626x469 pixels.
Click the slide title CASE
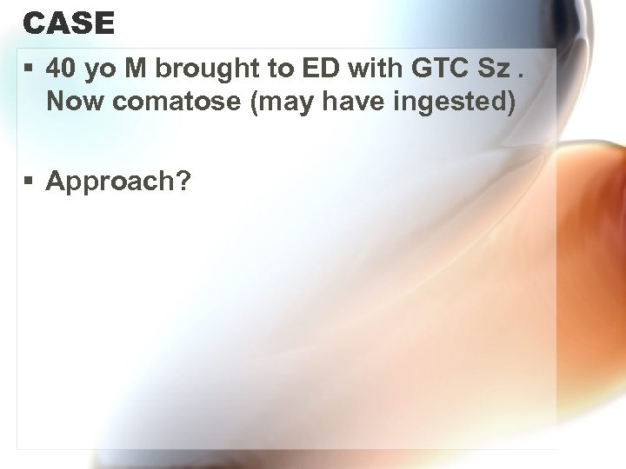[x=69, y=23]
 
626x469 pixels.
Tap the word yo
[x=97, y=69]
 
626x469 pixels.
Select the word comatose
[x=176, y=102]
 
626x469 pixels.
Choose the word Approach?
[x=119, y=182]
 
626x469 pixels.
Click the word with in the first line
[x=356, y=68]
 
